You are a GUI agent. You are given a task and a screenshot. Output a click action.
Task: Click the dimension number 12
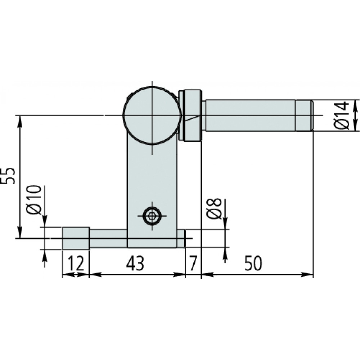click(x=76, y=263)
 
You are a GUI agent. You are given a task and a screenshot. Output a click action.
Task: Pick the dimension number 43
click(x=135, y=263)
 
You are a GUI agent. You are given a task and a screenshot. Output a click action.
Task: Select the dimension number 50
click(x=253, y=263)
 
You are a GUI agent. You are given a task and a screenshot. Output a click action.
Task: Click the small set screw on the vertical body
click(x=152, y=216)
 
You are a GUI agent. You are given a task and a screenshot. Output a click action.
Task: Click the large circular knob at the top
click(x=152, y=116)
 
